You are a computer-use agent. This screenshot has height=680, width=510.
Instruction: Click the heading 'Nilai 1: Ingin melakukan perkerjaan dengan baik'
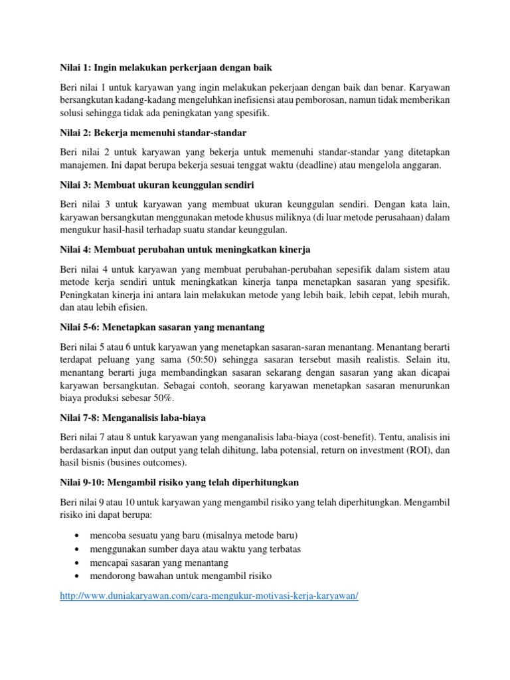[x=166, y=68]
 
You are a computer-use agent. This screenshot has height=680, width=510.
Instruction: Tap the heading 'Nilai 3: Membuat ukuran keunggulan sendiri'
[x=157, y=183]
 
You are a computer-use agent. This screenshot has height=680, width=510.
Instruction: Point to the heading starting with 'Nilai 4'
[x=185, y=249]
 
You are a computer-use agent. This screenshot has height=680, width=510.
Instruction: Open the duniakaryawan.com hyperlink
[x=209, y=596]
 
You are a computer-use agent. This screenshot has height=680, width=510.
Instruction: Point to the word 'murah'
[x=432, y=295]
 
